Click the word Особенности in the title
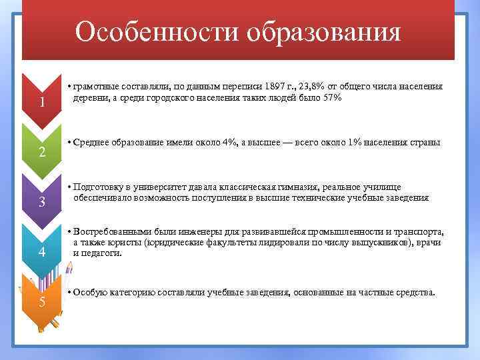coord(157,31)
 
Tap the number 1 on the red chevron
coord(41,103)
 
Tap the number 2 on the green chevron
coord(41,153)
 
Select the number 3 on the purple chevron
coord(41,203)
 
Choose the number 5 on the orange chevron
coord(41,302)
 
